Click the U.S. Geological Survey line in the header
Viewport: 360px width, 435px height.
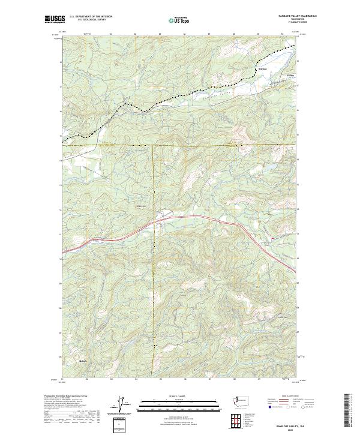point(91,20)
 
